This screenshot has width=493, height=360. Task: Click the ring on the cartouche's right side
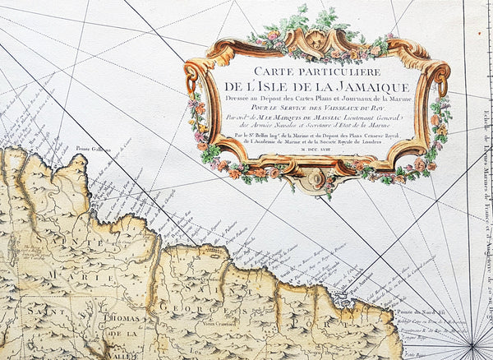441,85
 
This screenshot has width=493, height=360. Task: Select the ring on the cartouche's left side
191,83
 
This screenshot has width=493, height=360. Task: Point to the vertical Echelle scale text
481,189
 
